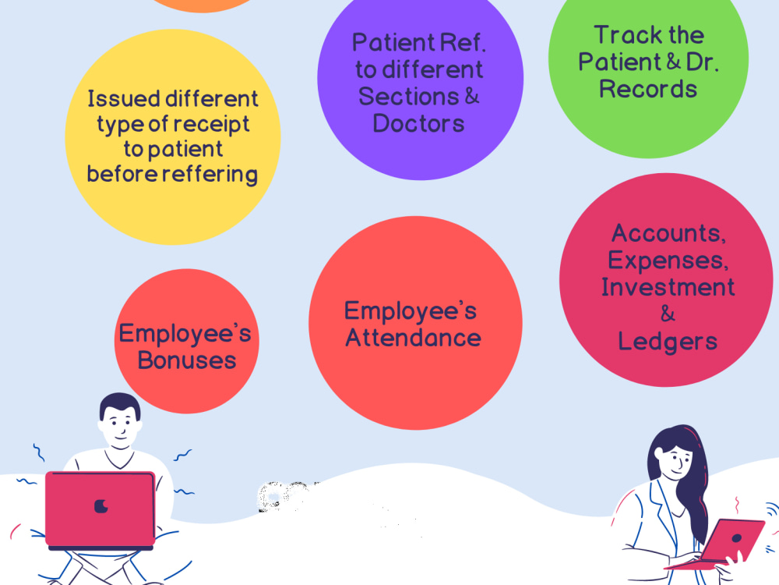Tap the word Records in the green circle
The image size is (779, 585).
[648, 89]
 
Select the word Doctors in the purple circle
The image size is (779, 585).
[418, 123]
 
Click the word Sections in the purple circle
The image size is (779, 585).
[408, 96]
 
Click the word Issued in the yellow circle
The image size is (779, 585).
[118, 98]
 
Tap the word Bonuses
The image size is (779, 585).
[187, 360]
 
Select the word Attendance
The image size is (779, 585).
[414, 338]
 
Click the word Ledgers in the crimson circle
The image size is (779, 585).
[668, 342]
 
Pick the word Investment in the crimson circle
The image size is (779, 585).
[668, 287]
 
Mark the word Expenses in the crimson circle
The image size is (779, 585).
[668, 261]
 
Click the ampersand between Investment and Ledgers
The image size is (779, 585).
[668, 314]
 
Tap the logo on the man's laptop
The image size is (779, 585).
[101, 506]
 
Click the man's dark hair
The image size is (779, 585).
[120, 404]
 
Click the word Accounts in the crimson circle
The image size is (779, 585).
[668, 233]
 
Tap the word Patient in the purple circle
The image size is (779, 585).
[393, 42]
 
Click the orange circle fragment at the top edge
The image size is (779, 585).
[203, 5]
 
